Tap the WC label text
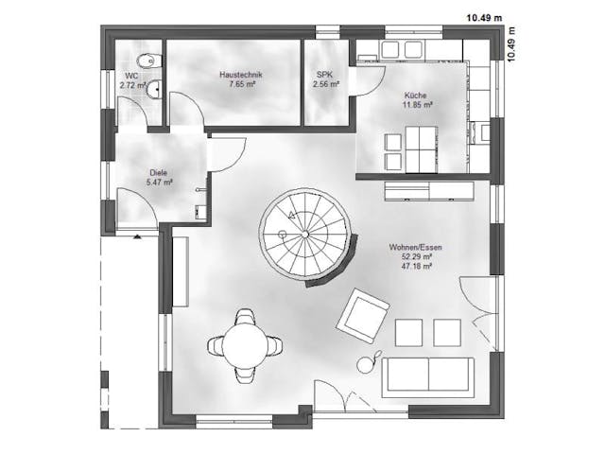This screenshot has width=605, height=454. point(130,75)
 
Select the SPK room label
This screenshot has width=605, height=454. point(324,73)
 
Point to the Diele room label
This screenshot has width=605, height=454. point(158,172)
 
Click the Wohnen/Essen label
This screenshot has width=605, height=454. point(415,247)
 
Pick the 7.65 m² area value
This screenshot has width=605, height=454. point(242,83)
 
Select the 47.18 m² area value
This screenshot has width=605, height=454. point(415,267)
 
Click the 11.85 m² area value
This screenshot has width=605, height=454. point(416,105)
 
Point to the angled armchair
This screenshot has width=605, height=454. point(364,314)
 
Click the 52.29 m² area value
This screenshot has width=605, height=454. point(415,256)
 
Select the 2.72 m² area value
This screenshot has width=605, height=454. point(132,84)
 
